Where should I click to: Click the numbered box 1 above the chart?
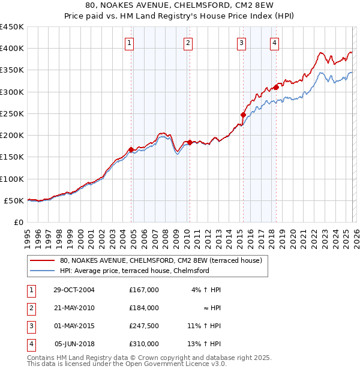130,43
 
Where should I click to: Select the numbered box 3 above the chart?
241,43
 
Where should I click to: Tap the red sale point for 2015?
243,115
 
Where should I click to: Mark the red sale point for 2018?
276,87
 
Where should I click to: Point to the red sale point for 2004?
131,149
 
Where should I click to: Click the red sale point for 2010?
190,142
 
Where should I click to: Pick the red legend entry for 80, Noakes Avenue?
161,261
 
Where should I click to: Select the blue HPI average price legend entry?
134,271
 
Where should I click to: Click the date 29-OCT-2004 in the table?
74,290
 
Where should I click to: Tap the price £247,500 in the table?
144,326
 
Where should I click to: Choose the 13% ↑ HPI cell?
204,344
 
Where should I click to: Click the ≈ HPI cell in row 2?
212,308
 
